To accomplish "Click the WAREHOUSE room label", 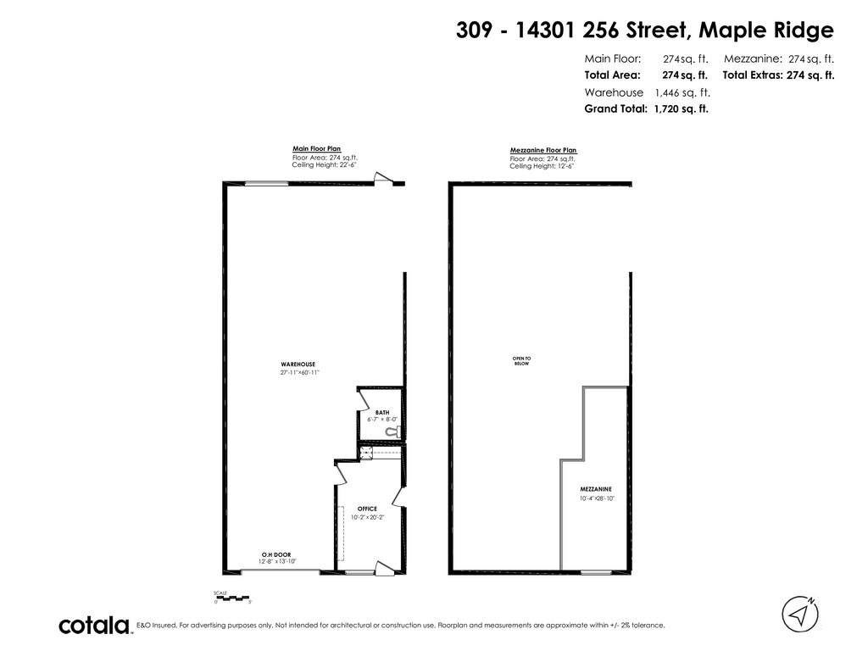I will coord(298,364).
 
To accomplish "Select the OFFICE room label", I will coord(367,509).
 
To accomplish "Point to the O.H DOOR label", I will coord(276,554).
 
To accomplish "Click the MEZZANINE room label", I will coord(596,490).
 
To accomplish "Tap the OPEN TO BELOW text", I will coord(521,360).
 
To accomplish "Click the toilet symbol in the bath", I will coord(391,431).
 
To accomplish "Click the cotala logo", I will coord(94,626).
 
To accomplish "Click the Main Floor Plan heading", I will coord(317,148).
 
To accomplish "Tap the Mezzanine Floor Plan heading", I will coord(542,150).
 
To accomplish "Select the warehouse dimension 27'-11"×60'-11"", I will coord(298,373).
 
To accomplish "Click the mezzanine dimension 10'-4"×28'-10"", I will coord(597,498).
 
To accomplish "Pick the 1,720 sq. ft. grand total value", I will coord(682,108).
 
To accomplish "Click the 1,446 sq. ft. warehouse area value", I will coord(682,92).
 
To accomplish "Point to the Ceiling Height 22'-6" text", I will coord(326,164).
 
